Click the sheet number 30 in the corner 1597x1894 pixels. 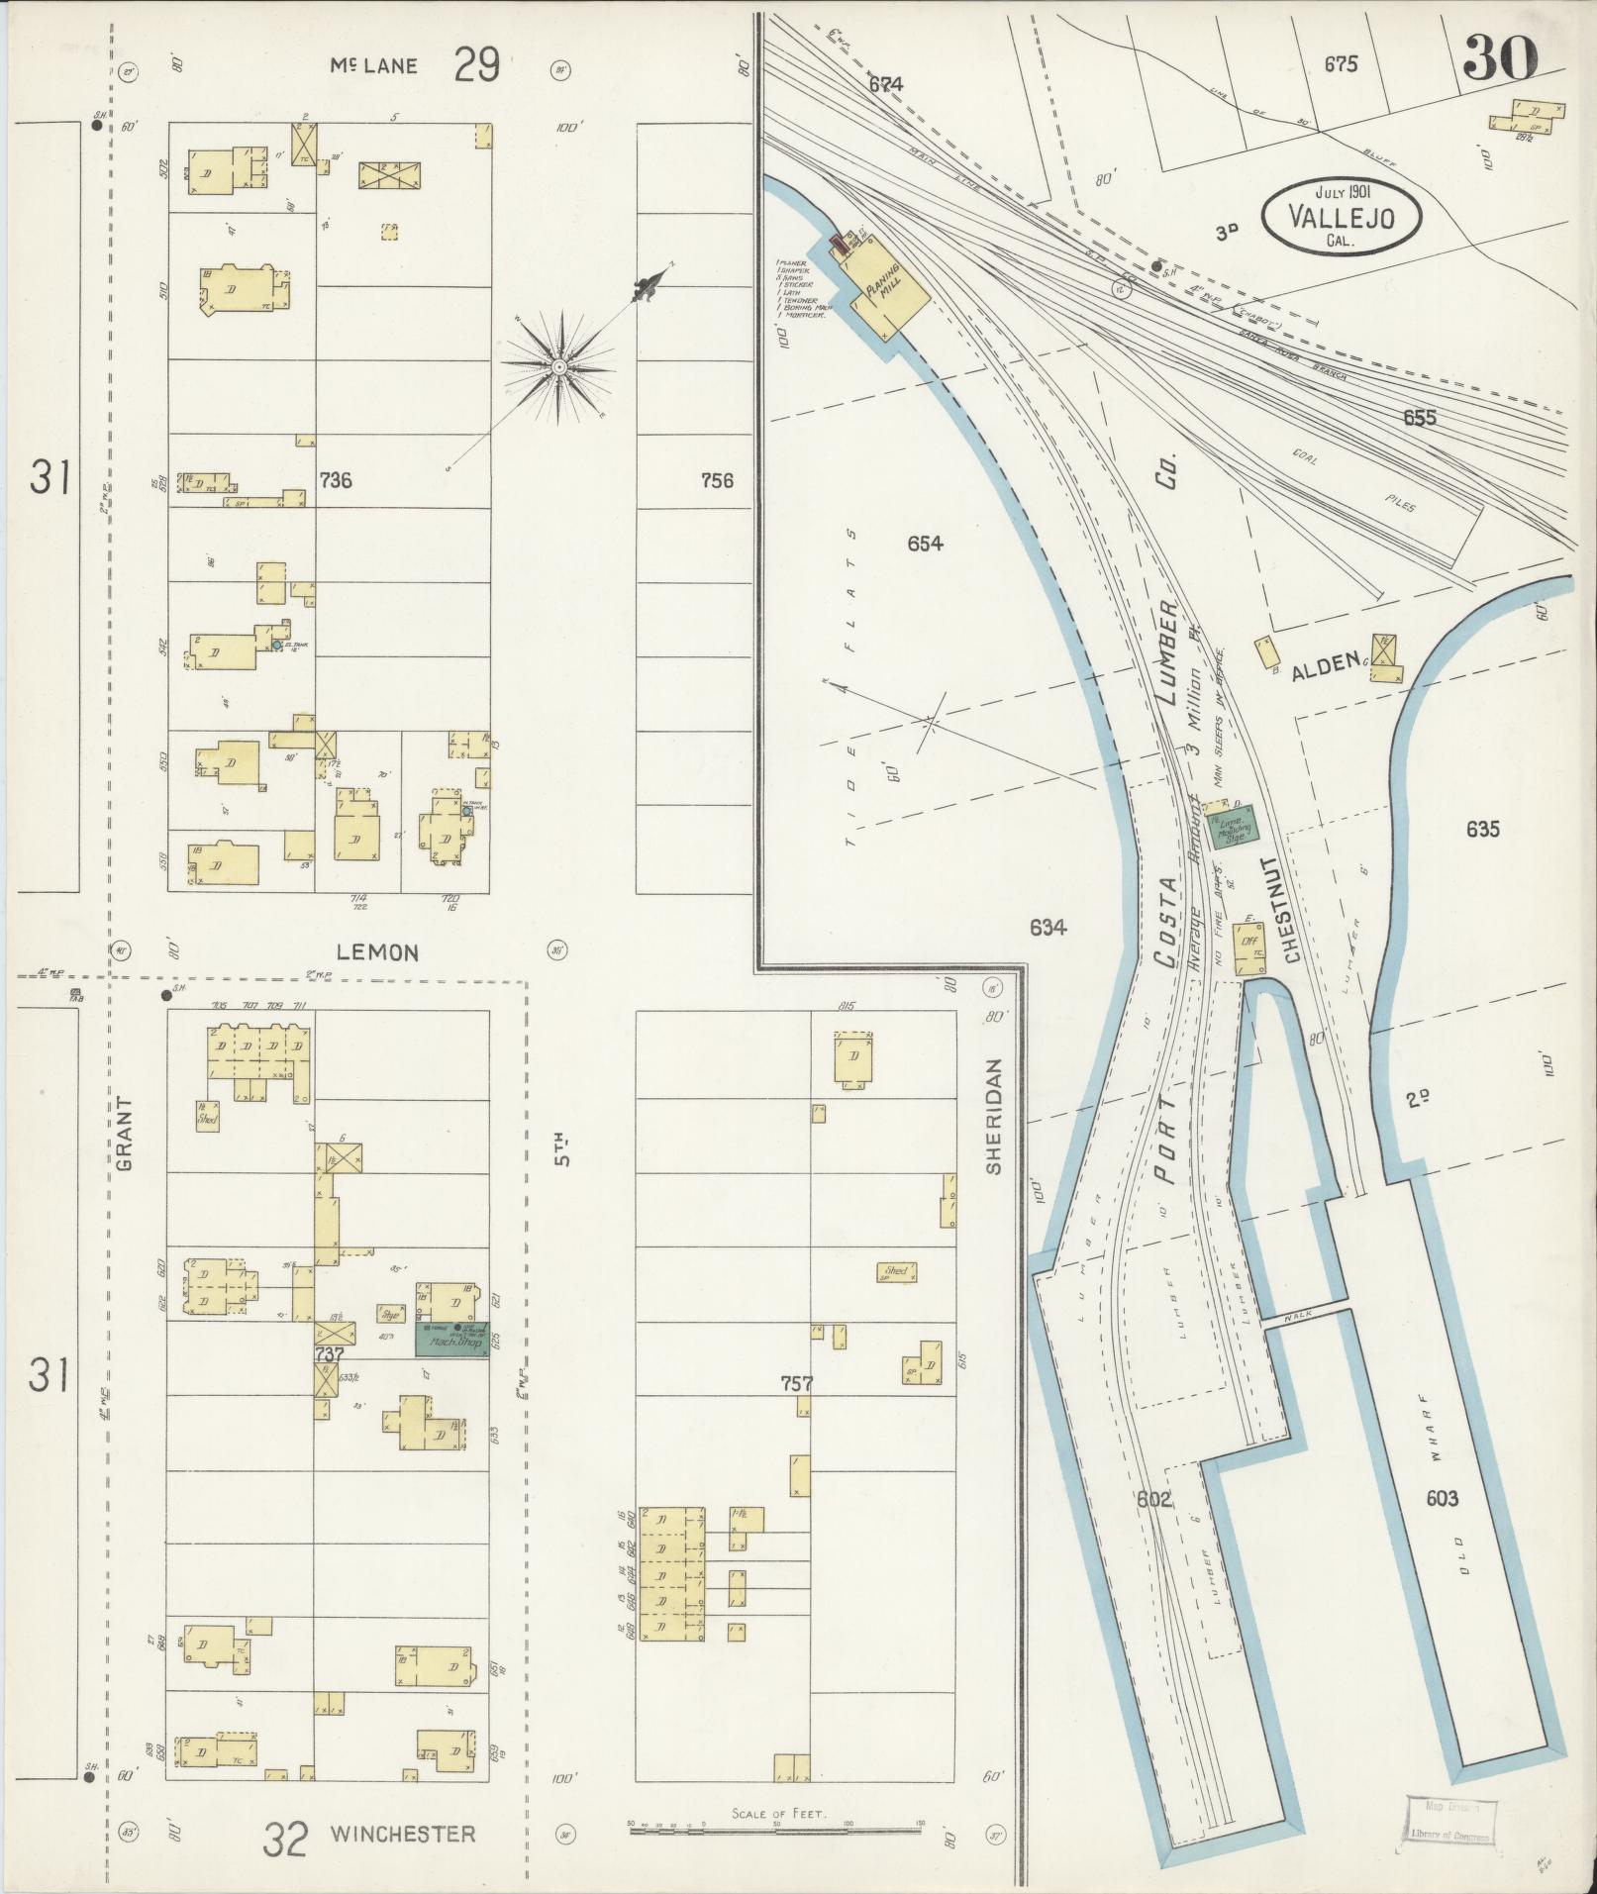pyautogui.click(x=1499, y=57)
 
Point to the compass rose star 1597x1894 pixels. pyautogui.click(x=558, y=367)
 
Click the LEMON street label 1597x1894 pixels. pyautogui.click(x=377, y=952)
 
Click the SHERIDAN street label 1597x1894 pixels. pyautogui.click(x=994, y=1116)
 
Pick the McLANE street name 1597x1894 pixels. pyautogui.click(x=374, y=66)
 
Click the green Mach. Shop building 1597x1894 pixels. pyautogui.click(x=451, y=1342)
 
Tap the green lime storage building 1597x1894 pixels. pyautogui.click(x=1231, y=825)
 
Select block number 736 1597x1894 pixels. pyautogui.click(x=336, y=480)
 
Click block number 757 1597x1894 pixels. pyautogui.click(x=796, y=1383)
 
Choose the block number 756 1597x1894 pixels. pyautogui.click(x=716, y=480)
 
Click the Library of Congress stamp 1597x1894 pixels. pyautogui.click(x=1449, y=1821)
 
